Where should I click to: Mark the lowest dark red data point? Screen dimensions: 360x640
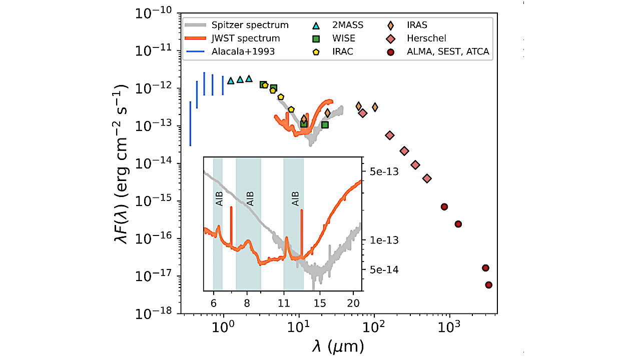(489, 285)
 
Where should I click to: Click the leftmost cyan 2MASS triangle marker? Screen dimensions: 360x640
(231, 80)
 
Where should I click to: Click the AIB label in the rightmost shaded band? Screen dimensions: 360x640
(295, 198)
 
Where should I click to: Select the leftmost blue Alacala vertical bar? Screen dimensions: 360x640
(190, 123)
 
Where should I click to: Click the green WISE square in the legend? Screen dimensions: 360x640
(316, 38)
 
